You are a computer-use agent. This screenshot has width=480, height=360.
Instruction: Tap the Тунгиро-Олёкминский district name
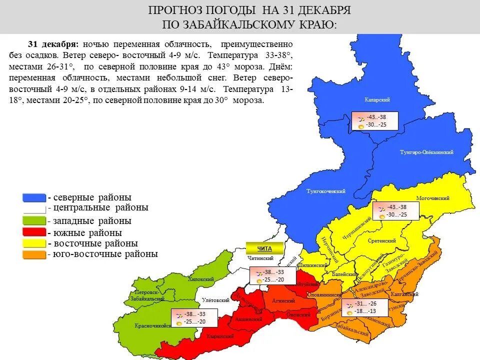point(426,152)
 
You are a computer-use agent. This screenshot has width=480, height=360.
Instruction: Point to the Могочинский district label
point(433,198)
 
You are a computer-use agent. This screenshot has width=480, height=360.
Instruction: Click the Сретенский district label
point(381,241)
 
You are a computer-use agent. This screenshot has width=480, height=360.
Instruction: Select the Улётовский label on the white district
point(215,300)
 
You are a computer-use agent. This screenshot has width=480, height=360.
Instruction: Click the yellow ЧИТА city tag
point(264,248)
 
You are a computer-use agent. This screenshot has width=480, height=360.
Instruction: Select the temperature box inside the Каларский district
point(375,120)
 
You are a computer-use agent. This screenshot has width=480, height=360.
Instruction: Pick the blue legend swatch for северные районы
point(34,197)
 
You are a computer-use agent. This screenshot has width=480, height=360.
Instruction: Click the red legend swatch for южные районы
point(34,232)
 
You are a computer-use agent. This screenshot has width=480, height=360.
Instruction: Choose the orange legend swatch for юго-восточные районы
point(34,254)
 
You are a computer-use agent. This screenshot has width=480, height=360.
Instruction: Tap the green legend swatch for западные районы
point(34,220)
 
